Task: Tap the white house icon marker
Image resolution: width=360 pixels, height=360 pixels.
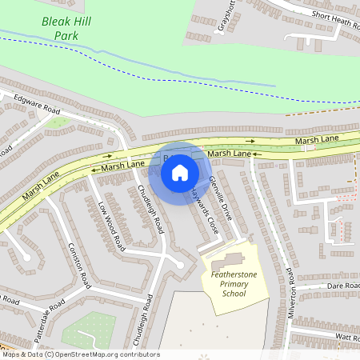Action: (180, 172)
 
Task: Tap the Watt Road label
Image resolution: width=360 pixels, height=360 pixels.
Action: (346, 338)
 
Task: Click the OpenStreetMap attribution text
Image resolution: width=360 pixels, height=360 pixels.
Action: (80, 354)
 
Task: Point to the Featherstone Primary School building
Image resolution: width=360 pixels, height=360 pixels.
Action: (227, 260)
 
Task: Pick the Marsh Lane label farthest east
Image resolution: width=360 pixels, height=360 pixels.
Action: (318, 141)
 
